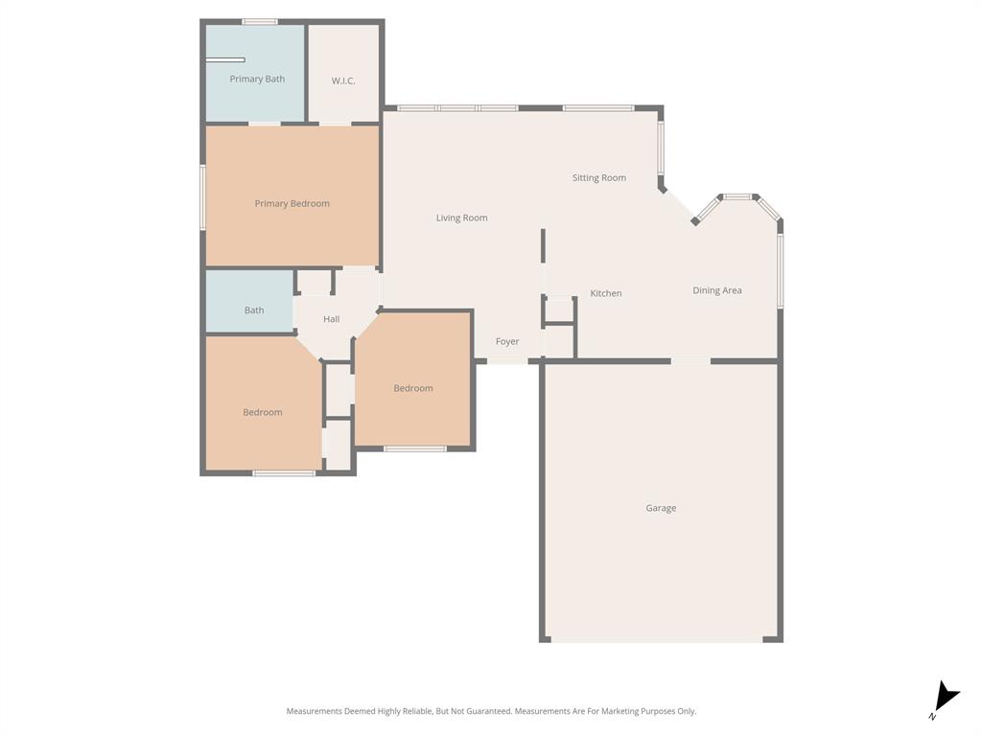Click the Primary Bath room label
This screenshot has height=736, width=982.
coord(257,79)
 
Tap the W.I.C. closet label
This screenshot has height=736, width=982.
coord(343,80)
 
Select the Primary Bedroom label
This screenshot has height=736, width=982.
coord(292,203)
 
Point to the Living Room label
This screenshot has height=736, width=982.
coord(461,218)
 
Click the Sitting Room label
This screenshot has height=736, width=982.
coord(598,177)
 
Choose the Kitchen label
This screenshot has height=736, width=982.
coord(605,293)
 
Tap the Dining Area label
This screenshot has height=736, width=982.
coord(716,290)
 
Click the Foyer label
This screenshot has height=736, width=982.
coord(507,341)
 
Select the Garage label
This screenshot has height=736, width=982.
coord(660,508)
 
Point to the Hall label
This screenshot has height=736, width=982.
coord(331,319)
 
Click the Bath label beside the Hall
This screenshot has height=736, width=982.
coord(254,310)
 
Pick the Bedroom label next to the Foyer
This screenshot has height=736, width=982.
coord(412,388)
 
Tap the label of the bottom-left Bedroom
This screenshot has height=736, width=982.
coord(262,412)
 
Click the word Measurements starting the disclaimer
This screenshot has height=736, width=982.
coord(315,711)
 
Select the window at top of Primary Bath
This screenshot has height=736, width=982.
coord(259,21)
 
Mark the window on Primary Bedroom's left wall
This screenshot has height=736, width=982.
coord(202,197)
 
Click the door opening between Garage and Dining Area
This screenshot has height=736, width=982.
coord(690,361)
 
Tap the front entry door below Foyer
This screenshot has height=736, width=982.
coord(507,361)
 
